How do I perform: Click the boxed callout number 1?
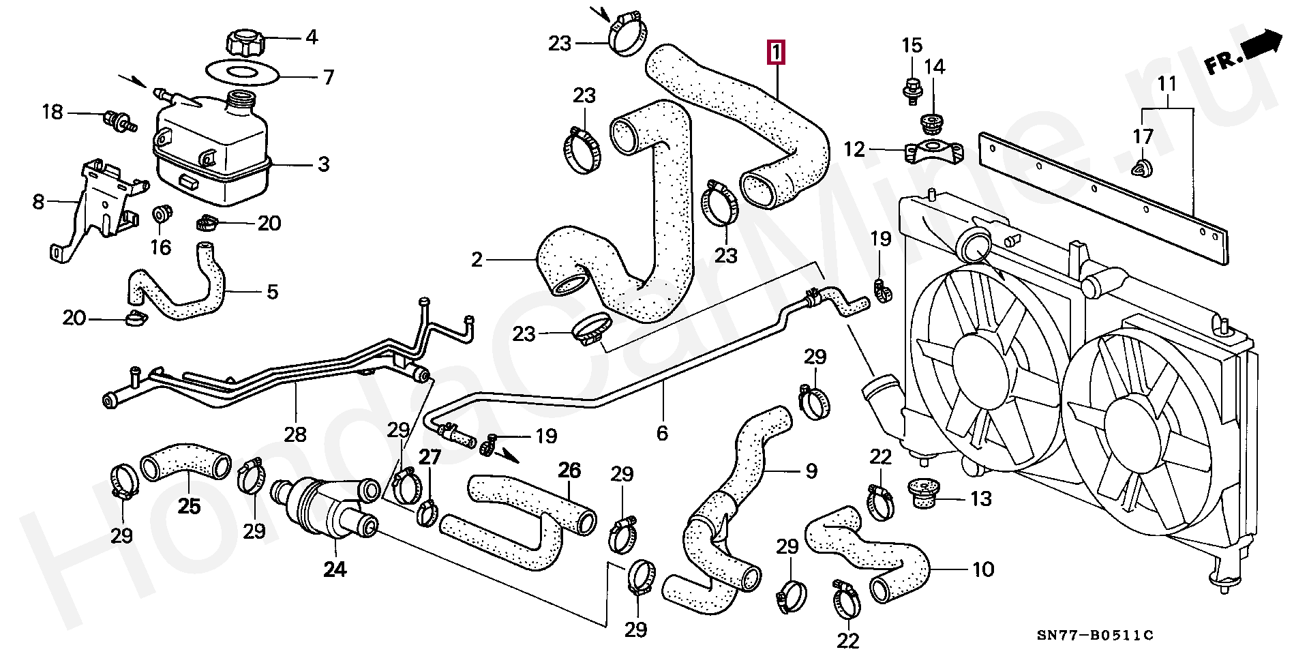[x=777, y=52]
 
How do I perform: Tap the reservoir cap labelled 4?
[x=243, y=42]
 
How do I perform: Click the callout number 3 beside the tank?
[x=322, y=164]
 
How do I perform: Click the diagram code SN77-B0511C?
[x=1096, y=636]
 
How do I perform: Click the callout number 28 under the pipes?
[x=295, y=434]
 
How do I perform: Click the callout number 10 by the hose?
[x=982, y=569]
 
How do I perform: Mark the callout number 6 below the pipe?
[x=661, y=432]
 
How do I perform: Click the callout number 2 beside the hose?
[x=476, y=259]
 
